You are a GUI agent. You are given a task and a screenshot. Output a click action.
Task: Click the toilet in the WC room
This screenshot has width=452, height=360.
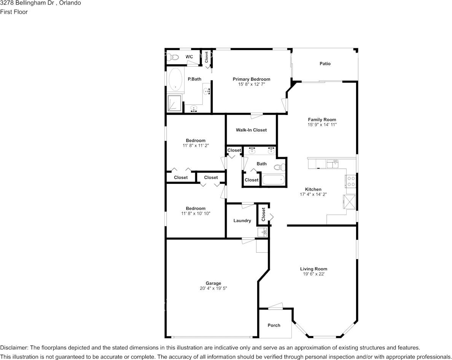174,57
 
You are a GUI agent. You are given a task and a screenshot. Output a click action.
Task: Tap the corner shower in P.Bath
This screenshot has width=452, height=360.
175,103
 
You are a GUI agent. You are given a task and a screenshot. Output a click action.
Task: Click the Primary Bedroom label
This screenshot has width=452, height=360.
251,79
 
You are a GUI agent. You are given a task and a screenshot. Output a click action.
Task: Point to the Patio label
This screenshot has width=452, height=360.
325,64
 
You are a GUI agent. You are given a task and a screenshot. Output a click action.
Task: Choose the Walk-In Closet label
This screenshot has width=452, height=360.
251,130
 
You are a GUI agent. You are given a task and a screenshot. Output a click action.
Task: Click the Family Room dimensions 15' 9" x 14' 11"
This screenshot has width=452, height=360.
322,125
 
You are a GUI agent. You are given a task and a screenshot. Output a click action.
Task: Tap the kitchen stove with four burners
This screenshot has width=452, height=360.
351,182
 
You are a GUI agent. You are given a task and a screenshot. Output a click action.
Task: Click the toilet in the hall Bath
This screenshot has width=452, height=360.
279,167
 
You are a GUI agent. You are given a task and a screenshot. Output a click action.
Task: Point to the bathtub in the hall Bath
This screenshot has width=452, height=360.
273,180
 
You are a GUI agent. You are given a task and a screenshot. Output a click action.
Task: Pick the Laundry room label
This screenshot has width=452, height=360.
242,221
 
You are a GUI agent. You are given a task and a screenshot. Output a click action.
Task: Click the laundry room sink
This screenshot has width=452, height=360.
262,232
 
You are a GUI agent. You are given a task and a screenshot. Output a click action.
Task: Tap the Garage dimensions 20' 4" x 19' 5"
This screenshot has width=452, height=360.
213,288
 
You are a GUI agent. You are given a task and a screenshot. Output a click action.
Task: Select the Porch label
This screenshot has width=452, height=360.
274,325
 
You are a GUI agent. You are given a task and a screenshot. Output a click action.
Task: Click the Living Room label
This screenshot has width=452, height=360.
314,269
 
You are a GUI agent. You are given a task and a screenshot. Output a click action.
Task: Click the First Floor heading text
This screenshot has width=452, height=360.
14,12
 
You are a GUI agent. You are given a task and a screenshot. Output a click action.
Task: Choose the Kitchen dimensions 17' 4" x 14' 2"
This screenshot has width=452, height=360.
313,194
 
